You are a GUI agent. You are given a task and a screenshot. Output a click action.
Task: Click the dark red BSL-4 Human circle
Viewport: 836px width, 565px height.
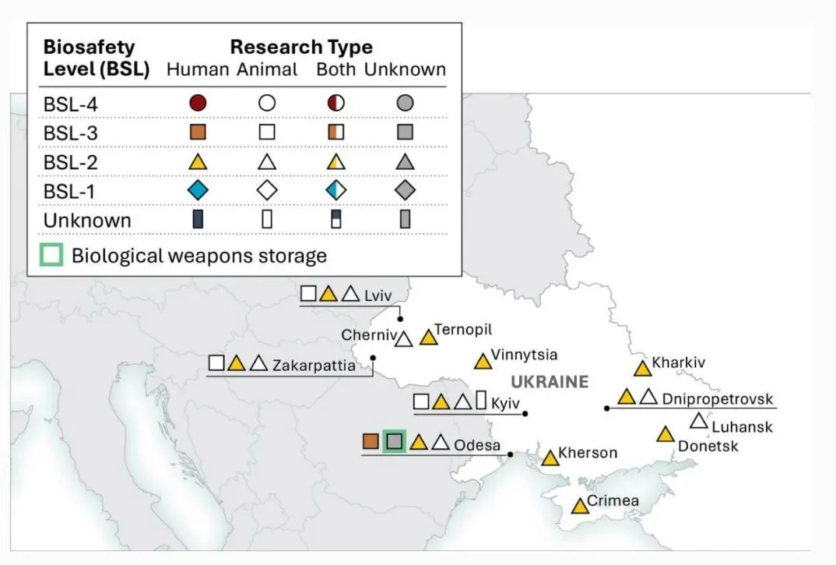[x=198, y=103]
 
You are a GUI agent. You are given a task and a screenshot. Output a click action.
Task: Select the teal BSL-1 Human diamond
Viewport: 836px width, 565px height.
[x=198, y=190]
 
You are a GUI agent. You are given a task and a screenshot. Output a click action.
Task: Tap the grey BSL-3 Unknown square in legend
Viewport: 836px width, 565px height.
[x=406, y=132]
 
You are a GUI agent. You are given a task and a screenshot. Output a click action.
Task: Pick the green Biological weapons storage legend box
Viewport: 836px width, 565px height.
[x=51, y=255]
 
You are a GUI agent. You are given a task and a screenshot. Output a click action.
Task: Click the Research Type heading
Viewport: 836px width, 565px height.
[x=301, y=47]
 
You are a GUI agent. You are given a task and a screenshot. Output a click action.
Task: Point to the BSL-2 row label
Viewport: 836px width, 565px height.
[x=70, y=162]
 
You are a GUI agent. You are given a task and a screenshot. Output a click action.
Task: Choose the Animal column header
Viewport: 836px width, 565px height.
[x=267, y=69]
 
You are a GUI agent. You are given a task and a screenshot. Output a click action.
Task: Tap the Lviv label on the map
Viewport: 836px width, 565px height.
[x=378, y=295]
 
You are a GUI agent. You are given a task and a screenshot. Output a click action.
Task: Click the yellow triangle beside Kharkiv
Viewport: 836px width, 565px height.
[x=642, y=369]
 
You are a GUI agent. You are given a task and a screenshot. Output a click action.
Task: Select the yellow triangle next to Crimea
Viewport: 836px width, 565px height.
[x=580, y=507]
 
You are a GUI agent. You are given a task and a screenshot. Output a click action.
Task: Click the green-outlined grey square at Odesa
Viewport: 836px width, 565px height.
[x=395, y=441]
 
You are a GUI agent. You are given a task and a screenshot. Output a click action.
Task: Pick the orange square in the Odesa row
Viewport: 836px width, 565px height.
[x=371, y=441]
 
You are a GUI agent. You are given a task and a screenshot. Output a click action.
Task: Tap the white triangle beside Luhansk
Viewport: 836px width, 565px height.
[x=698, y=422]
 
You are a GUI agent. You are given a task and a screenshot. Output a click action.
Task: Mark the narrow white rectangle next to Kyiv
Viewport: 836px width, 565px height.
[x=481, y=400]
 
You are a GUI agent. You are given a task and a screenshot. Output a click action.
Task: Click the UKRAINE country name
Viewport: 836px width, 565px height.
[x=550, y=382]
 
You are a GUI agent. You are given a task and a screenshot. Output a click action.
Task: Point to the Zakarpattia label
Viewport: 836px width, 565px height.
[x=314, y=365]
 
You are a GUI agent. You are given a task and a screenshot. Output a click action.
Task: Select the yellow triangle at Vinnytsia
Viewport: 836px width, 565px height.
[x=483, y=362]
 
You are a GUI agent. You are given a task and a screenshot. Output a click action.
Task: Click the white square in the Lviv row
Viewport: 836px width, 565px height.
[x=308, y=293]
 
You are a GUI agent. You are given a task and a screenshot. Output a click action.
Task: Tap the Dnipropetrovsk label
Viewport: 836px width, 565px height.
[x=718, y=399]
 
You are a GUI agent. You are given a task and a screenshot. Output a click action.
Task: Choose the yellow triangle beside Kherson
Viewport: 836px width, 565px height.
[x=550, y=458]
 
